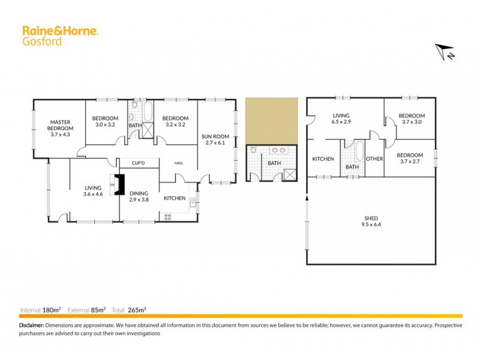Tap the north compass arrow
coord(445,52)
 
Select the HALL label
coord(179,163)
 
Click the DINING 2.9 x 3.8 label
coord(139,197)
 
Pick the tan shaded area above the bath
coord(271,121)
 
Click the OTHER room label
coord(374,159)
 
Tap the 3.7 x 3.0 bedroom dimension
coord(412,122)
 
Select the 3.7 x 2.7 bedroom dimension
coord(412,160)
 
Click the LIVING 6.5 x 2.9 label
coord(342,118)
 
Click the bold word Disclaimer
coord(31,325)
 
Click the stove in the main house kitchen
coord(167,217)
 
